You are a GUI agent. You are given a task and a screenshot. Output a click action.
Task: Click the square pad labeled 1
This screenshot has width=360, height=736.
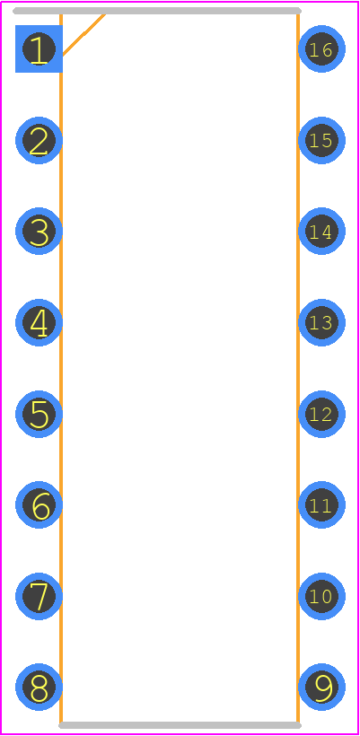click(39, 48)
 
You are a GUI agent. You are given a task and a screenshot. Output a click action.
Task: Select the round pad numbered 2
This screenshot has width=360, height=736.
click(39, 140)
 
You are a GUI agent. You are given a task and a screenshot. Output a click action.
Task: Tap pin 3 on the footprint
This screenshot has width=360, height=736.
click(39, 231)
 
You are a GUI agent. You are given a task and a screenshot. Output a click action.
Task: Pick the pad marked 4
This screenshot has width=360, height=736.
click(39, 322)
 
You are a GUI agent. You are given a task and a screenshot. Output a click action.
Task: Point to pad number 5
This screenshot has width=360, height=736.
click(39, 414)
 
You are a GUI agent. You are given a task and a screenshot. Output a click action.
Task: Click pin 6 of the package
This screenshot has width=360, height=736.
click(39, 504)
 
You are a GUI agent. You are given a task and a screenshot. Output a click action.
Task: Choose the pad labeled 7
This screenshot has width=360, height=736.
click(39, 596)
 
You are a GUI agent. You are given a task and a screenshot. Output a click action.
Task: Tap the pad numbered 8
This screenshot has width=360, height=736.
click(39, 688)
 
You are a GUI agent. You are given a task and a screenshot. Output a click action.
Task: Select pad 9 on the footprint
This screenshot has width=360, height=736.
click(322, 688)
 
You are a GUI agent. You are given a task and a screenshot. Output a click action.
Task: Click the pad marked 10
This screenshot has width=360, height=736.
click(322, 596)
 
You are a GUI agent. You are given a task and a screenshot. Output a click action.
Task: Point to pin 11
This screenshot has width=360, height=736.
click(322, 504)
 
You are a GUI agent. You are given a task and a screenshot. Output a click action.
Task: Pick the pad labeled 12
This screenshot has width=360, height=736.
click(322, 414)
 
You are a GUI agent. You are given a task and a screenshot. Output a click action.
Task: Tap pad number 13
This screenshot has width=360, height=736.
click(322, 322)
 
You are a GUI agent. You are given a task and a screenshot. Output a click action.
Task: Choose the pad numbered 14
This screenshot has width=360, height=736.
click(322, 231)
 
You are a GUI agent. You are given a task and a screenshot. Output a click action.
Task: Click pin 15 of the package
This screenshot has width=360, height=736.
click(322, 140)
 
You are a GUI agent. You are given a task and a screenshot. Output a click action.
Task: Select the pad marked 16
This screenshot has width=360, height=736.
click(322, 48)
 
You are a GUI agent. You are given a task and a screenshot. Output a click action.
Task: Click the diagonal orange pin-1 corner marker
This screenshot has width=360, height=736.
click(83, 35)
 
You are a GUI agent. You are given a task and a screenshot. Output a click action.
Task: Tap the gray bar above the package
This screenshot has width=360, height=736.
click(157, 11)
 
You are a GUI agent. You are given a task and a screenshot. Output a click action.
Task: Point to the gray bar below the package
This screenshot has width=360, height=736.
click(180, 725)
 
